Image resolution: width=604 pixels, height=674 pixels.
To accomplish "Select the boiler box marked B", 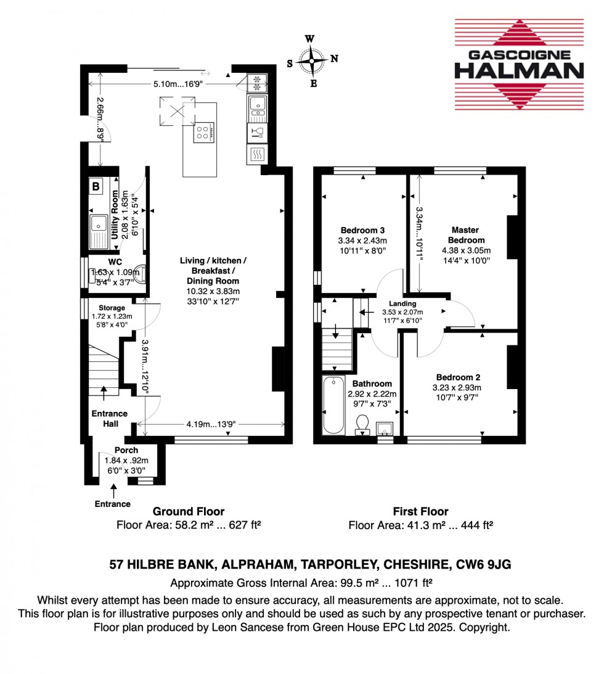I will (96, 186).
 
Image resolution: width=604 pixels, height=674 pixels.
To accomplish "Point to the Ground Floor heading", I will (188, 511).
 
